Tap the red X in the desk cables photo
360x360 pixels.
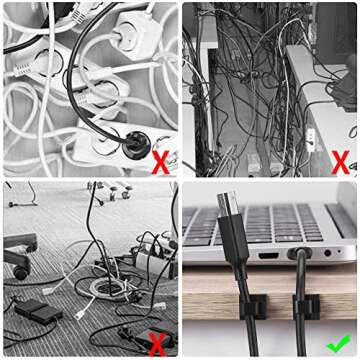click(339, 161)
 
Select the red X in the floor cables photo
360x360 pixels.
click(156, 344)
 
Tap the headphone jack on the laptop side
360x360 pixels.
click(327, 254)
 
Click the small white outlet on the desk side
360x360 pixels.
click(310, 136)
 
